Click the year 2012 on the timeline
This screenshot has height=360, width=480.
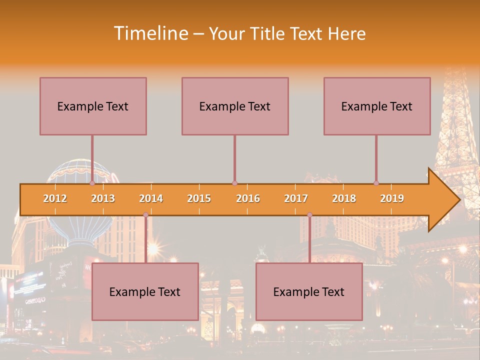coord(55,198)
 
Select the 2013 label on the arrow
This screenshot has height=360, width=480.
coord(103,198)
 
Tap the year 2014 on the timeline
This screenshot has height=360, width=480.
coord(151,198)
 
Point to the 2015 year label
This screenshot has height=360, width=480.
coord(199,198)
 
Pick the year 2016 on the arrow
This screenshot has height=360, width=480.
coord(248,198)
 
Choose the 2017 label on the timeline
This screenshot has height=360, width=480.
coord(296,198)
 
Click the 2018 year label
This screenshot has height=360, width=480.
coord(344,198)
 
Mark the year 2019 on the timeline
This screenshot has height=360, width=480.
coord(392,198)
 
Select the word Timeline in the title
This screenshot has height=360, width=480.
coord(150,33)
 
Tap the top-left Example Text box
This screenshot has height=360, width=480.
coord(93,106)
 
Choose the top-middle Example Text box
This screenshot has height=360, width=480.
coord(235,106)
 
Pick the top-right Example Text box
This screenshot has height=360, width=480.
coord(377,106)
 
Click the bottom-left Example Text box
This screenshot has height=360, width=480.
coord(145,291)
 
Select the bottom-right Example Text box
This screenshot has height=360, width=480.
coord(309,291)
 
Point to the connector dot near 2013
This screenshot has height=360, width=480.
coord(92,183)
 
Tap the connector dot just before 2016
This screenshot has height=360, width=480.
coord(234,183)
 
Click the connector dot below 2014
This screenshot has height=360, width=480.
coord(145,214)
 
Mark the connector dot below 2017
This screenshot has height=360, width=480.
coord(309,214)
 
